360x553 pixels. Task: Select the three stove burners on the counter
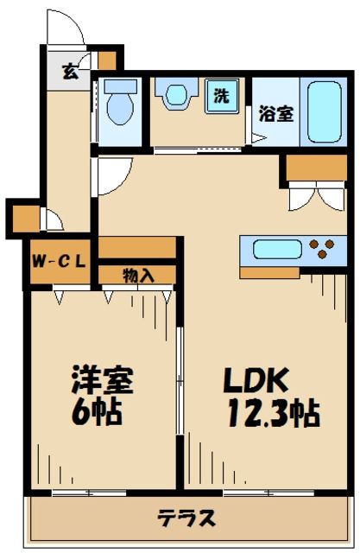pyautogui.click(x=321, y=250)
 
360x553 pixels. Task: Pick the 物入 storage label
pyautogui.click(x=138, y=276)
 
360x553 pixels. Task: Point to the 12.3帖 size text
pyautogui.click(x=274, y=412)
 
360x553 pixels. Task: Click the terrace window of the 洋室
pyautogui.click(x=85, y=493)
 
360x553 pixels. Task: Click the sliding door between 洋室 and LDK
pyautogui.click(x=180, y=380)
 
